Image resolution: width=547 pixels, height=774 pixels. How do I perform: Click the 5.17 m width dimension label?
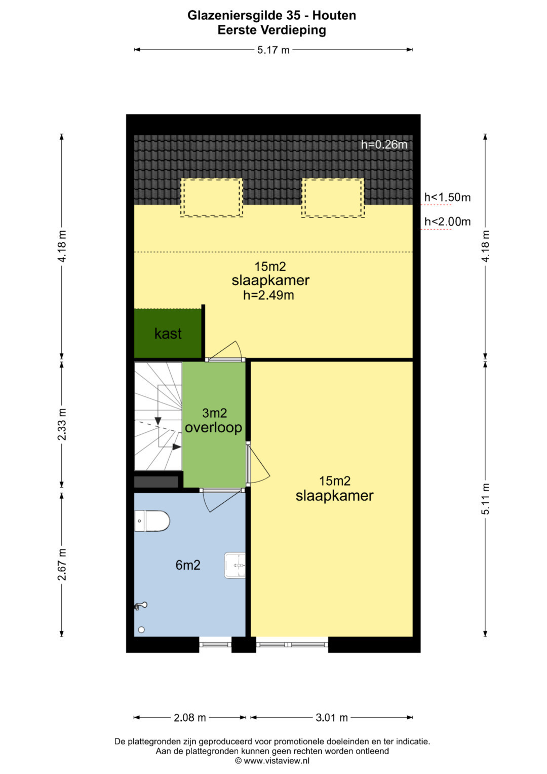coord(273,50)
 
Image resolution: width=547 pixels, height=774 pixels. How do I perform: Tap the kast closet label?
coord(168,334)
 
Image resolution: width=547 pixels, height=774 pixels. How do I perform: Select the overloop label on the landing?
coord(213,428)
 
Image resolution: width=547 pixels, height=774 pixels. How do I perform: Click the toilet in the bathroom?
coord(152,521)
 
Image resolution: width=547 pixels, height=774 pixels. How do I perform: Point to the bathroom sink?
coord(235,565)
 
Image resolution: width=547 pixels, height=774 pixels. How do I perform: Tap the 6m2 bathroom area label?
coord(188,565)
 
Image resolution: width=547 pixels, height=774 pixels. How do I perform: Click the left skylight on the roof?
coord(211,198)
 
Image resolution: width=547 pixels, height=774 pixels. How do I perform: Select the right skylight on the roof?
coord(333,198)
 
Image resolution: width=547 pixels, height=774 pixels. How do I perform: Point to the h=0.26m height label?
coord(384,144)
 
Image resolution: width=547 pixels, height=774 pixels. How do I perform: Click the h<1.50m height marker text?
coord(448,197)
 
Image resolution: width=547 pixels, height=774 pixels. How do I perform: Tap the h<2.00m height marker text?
coord(448,222)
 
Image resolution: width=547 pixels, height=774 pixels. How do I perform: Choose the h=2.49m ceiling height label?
coord(268,295)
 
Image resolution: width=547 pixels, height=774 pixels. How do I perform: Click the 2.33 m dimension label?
coord(62,424)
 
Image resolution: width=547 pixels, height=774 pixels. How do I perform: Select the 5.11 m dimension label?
coord(486,499)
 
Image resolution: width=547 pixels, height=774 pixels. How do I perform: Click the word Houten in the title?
coord(334,16)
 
